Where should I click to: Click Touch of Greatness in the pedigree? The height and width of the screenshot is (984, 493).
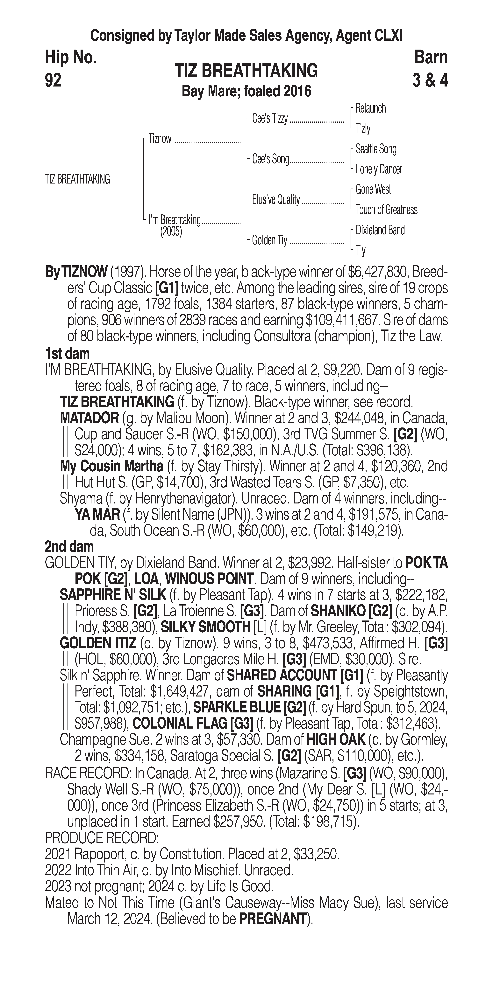tap(386, 210)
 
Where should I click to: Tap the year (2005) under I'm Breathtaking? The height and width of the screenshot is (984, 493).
tap(171, 232)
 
